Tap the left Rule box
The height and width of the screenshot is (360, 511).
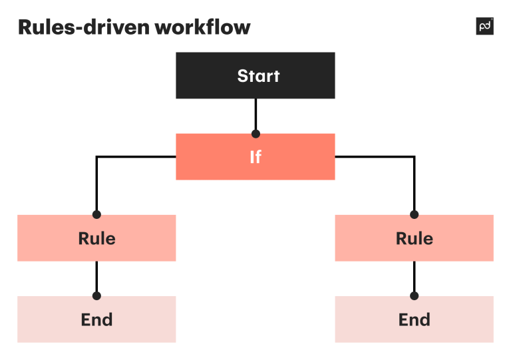pyautogui.click(x=96, y=238)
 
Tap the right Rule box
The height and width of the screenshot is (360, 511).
pyautogui.click(x=414, y=238)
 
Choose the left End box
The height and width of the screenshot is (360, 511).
pyautogui.click(x=96, y=319)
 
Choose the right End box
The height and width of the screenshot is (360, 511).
pyautogui.click(x=414, y=319)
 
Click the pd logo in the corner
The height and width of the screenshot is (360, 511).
pyautogui.click(x=485, y=27)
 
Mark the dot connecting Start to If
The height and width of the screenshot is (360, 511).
pyautogui.click(x=255, y=134)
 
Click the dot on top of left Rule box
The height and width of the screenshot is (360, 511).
pyautogui.click(x=96, y=215)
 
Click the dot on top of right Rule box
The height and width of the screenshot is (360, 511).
pyautogui.click(x=414, y=215)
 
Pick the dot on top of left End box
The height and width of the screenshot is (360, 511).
pyautogui.click(x=96, y=296)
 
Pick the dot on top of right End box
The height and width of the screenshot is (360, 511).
pyautogui.click(x=414, y=296)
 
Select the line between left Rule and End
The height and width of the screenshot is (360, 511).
pyautogui.click(x=96, y=276)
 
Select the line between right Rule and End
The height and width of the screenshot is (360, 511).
pyautogui.click(x=414, y=276)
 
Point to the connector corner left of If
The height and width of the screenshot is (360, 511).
pyautogui.click(x=97, y=157)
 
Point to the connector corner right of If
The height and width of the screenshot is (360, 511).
pyautogui.click(x=414, y=157)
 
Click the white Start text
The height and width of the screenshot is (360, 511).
pyautogui.click(x=258, y=76)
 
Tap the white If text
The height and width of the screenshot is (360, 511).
pyautogui.click(x=255, y=157)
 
